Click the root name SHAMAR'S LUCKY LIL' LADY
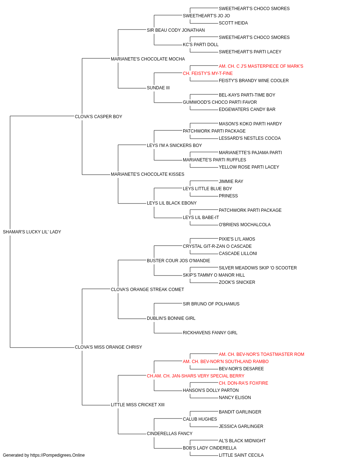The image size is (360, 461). pos(32,232)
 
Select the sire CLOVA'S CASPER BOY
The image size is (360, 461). pos(98,116)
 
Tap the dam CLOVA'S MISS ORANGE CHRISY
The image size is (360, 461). pos(108,347)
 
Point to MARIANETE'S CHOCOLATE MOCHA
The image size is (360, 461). pos(148,59)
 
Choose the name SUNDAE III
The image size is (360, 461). pos(158,88)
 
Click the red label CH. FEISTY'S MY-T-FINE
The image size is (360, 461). pos(208,73)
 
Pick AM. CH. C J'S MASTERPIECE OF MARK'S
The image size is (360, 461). pos(261,66)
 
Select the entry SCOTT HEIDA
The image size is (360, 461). pos(233,23)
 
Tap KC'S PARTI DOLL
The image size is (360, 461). pos(201,44)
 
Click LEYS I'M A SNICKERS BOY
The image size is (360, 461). pos(174,145)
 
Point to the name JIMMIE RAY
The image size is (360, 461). pos(231,182)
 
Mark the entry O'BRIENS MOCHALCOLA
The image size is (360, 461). pos(245,224)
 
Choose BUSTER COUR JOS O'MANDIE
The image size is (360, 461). pos(178,260)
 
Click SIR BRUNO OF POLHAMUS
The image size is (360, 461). pos(211,304)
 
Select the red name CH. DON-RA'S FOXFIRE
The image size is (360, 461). pos(243,383)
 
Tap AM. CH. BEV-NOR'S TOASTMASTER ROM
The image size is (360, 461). pos(261,354)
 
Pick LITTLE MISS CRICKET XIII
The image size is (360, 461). pos(138,404)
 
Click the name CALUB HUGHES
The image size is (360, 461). pos(200,419)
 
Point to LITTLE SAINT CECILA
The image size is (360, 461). pos(241,455)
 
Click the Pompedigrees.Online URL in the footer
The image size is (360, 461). pos(57,455)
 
